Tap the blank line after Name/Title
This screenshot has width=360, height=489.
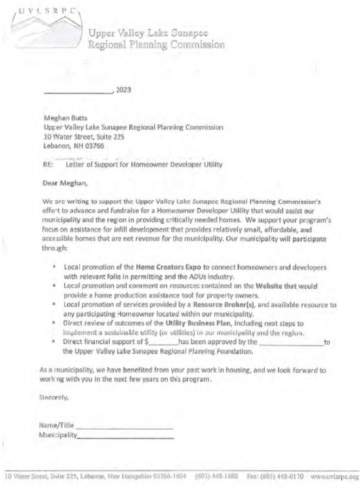tap(124, 426)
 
